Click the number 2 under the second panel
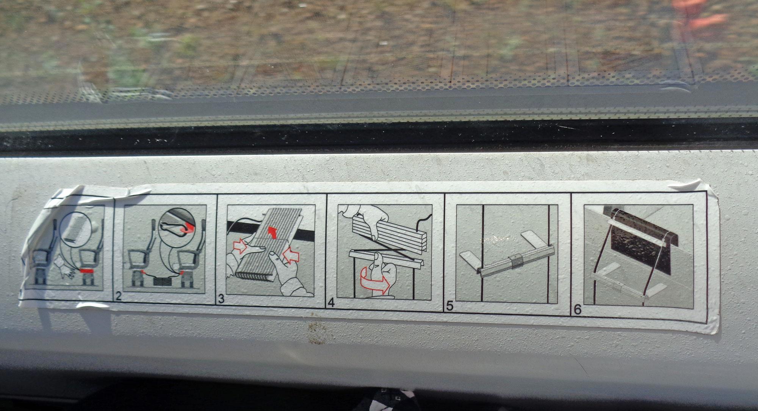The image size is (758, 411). pos(119,296)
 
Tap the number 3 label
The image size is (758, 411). pos(222,299)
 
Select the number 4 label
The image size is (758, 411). pos(331,303)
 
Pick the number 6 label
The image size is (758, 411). pos(578,309)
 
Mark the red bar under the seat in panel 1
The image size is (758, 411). pos(88,271)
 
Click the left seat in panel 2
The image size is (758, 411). pos(137,265)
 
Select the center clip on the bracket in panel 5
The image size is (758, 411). pos(515,261)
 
